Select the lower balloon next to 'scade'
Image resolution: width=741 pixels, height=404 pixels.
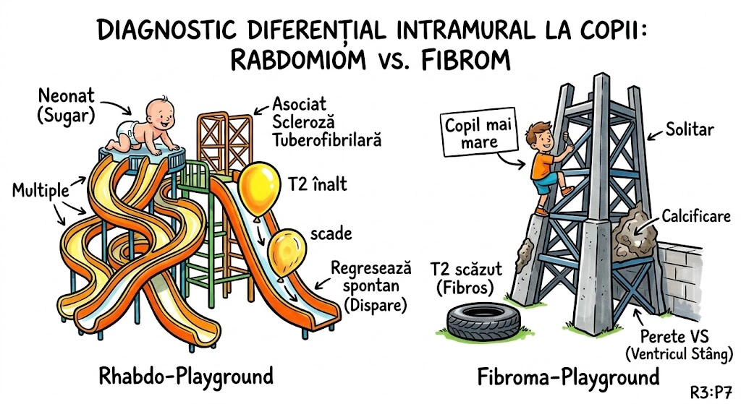[x=287, y=250]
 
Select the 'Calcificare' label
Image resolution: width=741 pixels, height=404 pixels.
[x=695, y=216]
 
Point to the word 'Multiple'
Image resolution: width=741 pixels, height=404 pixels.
[x=41, y=192]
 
